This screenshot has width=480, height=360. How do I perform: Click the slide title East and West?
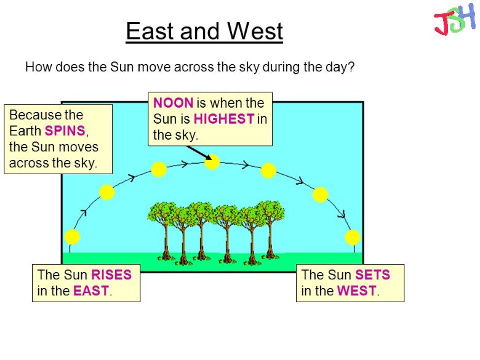(x=204, y=31)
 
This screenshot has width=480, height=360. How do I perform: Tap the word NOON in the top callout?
(x=173, y=103)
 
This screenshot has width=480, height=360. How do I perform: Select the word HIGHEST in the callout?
(x=224, y=119)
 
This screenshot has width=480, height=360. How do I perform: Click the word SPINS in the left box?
(x=65, y=130)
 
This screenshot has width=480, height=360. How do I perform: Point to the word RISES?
(x=111, y=274)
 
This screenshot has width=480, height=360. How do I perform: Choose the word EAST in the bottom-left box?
(x=91, y=290)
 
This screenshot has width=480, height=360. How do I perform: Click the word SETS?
(x=372, y=274)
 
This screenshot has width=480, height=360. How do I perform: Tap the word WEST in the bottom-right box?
(x=357, y=290)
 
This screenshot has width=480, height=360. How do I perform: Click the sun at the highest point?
(x=212, y=162)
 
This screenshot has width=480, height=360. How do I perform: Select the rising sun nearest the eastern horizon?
(x=72, y=237)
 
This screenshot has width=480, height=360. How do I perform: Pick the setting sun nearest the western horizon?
(x=353, y=238)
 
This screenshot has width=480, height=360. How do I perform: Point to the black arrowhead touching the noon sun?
(x=209, y=157)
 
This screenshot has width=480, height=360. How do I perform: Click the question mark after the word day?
(x=351, y=66)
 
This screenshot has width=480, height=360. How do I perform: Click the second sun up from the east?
(x=107, y=193)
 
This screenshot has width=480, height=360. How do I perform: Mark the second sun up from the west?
(x=320, y=194)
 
